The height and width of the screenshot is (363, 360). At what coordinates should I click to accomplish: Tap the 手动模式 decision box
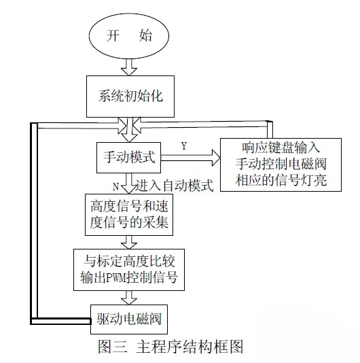126,158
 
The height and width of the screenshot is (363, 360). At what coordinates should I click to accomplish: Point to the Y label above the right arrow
183,145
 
